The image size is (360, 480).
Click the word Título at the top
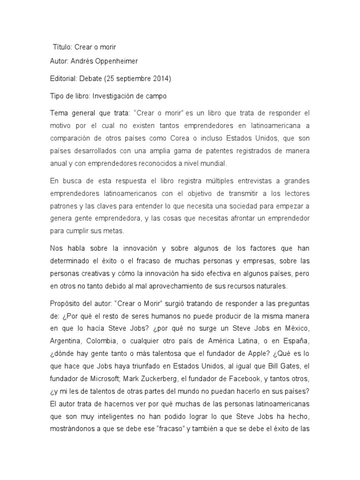point(62,47)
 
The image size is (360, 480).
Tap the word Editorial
point(64,78)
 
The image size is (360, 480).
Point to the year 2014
point(162,78)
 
